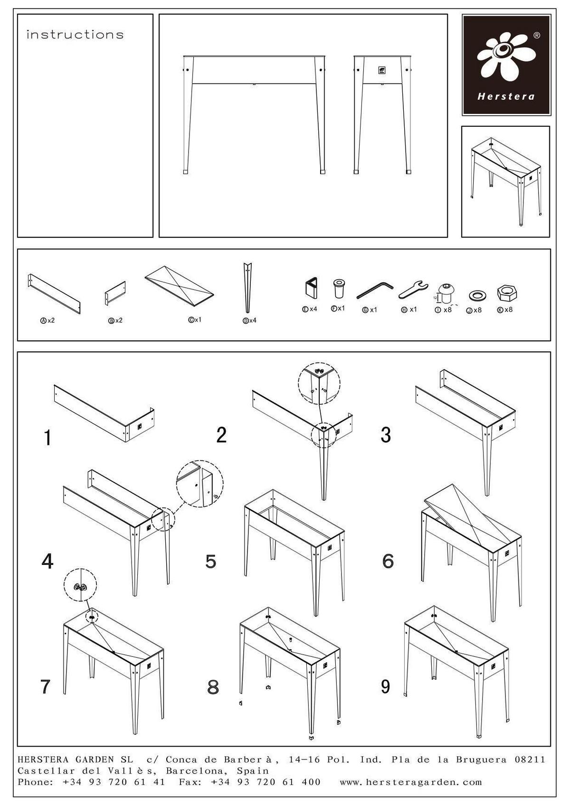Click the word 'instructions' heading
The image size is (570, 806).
pos(75,35)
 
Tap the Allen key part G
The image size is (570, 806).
pos(375,290)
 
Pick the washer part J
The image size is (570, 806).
pos(477,296)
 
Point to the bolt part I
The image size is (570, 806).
pos(446,293)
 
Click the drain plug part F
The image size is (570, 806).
pos(339,289)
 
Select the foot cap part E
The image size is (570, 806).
pos(310,288)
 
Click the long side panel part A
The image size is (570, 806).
pos(54,293)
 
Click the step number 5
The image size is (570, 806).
pos(211,562)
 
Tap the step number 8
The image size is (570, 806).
pos(213,687)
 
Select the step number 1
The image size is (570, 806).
pos(47,438)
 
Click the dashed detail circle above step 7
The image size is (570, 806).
pos(81,585)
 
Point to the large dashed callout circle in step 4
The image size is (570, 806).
pos(199,484)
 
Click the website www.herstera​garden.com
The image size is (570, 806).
pos(411,782)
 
